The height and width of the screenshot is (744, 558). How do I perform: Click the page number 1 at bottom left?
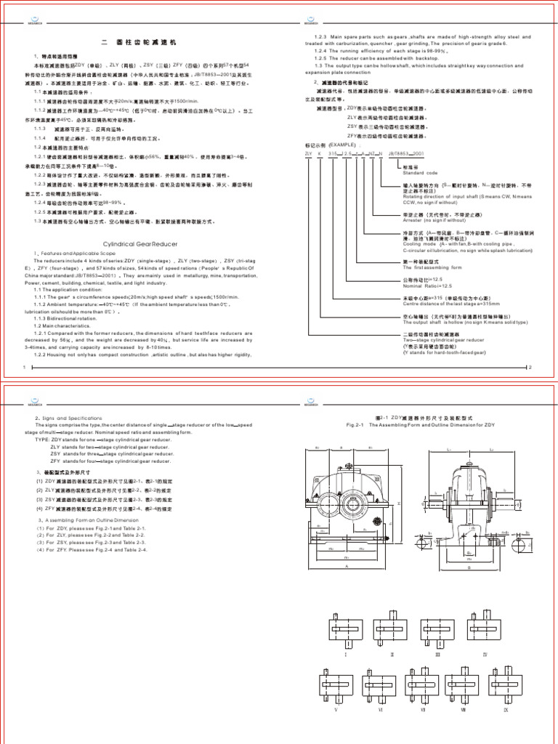[x=25, y=368]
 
